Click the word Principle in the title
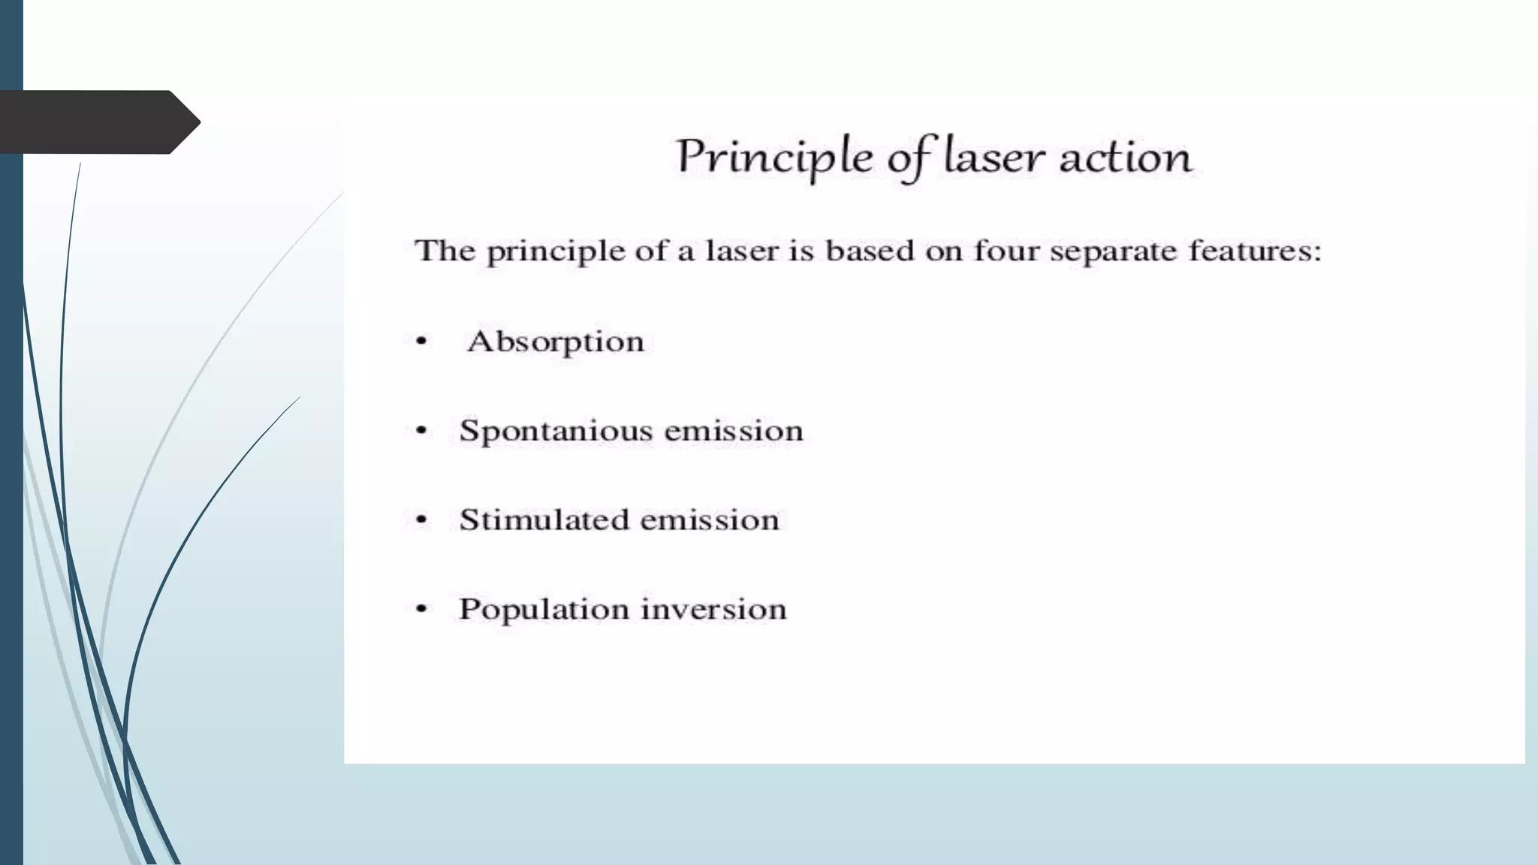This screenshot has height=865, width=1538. coord(774,158)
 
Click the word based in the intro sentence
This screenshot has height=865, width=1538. coord(869,250)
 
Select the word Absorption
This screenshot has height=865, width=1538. coord(556,342)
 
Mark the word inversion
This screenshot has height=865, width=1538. coord(713,609)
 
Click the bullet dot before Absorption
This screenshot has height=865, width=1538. coord(421,342)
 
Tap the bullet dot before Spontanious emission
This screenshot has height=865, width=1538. coord(421,431)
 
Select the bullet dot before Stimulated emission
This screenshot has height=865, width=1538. coord(421,520)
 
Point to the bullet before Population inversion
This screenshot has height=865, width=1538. coord(421,609)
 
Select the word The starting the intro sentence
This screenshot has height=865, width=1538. coord(445,250)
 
